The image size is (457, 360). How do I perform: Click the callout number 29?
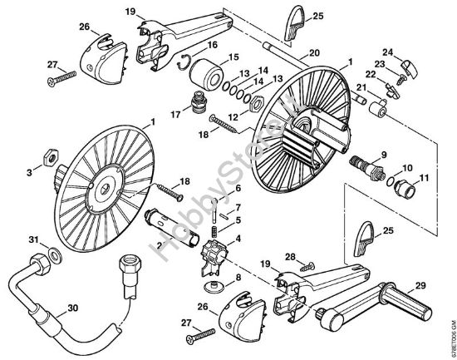(422, 286)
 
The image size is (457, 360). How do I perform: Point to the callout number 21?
(361, 87)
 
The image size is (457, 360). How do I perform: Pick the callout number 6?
(238, 190)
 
